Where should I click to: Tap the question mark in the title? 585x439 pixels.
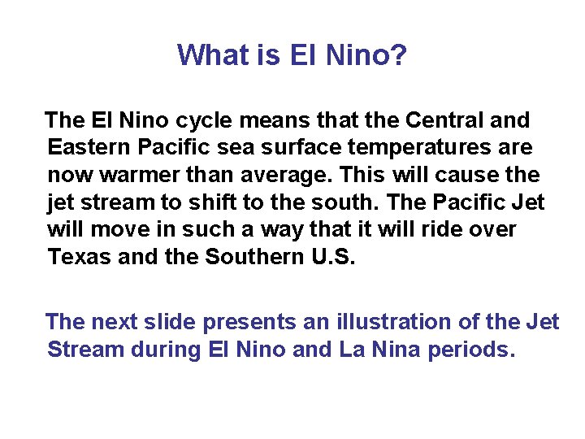coord(400,55)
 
